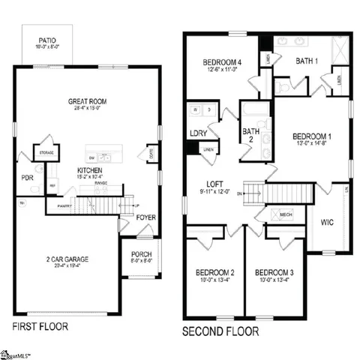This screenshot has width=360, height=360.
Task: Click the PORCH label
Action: click(142, 253)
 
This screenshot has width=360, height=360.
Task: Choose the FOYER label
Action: click(146, 217)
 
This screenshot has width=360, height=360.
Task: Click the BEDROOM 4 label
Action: click(222, 61)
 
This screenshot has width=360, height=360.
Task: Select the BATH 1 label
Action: click(307, 60)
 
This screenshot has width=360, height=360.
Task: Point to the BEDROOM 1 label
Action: click(313, 136)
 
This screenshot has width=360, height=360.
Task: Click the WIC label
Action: click(326, 223)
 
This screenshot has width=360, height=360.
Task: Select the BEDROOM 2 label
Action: click(217, 272)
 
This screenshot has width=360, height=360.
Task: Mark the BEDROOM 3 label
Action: click(274, 272)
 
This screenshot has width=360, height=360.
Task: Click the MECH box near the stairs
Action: click(286, 214)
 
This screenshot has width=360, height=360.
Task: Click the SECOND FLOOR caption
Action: click(221, 331)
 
